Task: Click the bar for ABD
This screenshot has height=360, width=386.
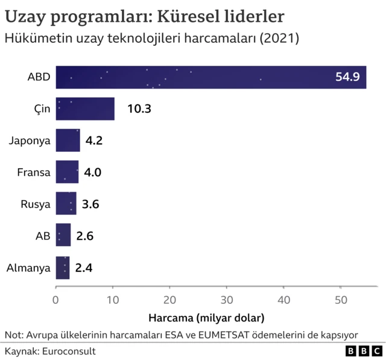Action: click(x=210, y=77)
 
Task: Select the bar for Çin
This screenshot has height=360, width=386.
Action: click(x=85, y=109)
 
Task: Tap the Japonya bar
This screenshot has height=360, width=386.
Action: click(x=68, y=141)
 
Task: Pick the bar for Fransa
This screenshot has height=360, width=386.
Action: click(x=67, y=172)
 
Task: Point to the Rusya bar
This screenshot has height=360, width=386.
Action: click(x=66, y=204)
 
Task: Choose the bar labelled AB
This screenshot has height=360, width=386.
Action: click(x=63, y=235)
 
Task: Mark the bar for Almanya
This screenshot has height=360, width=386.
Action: click(x=63, y=267)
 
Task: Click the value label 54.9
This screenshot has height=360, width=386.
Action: click(x=347, y=77)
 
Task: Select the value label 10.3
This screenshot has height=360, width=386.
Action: click(x=138, y=109)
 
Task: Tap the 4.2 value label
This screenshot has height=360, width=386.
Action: click(x=93, y=141)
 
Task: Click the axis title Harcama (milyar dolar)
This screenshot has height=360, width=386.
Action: click(x=206, y=316)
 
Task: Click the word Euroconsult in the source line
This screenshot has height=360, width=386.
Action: click(x=69, y=350)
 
